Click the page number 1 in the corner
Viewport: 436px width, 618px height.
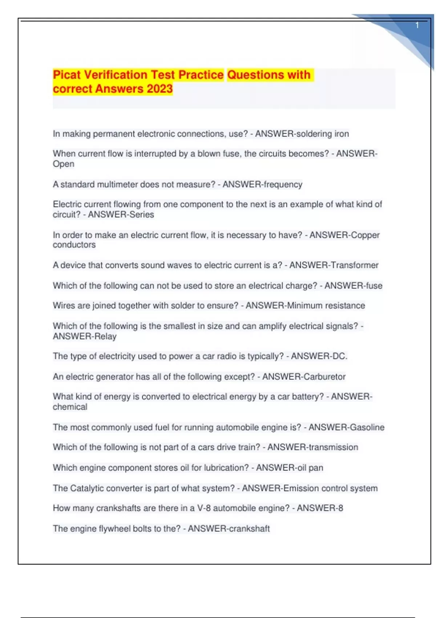click(417, 25)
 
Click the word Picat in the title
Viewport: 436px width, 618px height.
click(67, 75)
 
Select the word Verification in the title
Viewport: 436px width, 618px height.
click(116, 75)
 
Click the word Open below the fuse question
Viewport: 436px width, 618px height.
click(64, 164)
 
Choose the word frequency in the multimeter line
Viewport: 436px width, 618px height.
click(283, 184)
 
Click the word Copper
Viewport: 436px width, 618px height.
click(366, 235)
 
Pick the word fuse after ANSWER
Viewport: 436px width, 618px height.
click(374, 286)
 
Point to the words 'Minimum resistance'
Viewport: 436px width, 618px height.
click(326, 305)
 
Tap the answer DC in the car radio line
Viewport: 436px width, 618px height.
click(339, 356)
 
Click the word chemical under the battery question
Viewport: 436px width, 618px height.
click(70, 407)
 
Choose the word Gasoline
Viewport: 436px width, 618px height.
click(366, 427)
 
